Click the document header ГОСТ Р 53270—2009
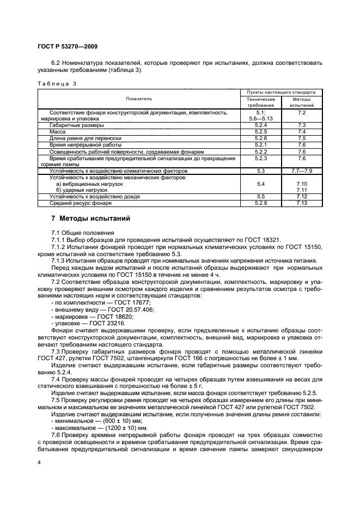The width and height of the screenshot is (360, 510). [67, 47]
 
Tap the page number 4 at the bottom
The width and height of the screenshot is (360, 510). [39, 463]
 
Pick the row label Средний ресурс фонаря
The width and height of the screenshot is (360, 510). [80, 203]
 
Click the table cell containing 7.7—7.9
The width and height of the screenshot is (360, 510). [303, 171]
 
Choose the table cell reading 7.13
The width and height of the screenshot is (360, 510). [303, 203]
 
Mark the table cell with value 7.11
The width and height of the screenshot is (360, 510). [303, 190]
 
